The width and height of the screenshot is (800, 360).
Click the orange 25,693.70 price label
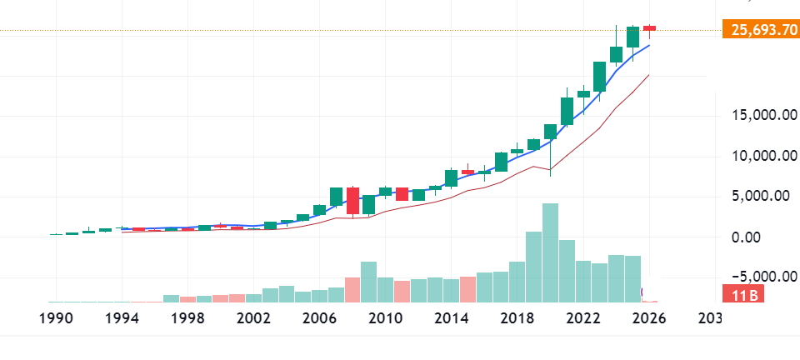tap(758, 31)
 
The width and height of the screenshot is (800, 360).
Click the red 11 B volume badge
tap(740, 295)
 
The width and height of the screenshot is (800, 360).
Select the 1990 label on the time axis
tap(57, 318)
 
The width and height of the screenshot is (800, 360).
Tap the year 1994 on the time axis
tap(122, 318)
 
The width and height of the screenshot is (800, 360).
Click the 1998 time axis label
tap(187, 318)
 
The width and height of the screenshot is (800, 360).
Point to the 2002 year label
tap(252, 318)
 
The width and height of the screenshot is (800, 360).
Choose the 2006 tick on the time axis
tap(318, 318)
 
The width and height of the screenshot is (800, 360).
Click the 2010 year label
tap(383, 318)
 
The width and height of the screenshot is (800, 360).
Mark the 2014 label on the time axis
tap(449, 318)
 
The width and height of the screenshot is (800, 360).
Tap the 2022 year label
tap(580, 318)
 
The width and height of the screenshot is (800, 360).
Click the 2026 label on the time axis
tap(645, 318)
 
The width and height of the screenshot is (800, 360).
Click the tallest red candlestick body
tap(353, 202)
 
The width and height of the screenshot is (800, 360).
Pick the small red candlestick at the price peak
tap(649, 28)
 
